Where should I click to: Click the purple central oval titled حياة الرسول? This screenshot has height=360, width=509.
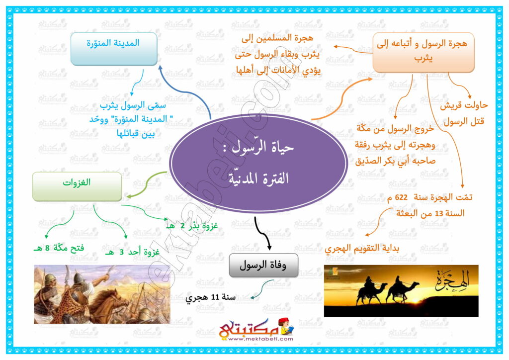(258, 164)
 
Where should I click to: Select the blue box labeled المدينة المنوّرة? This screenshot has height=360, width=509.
(114, 49)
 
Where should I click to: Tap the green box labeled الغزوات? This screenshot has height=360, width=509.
(77, 186)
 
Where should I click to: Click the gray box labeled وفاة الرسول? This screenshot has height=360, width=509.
(263, 266)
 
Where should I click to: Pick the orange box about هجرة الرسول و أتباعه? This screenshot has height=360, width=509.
(424, 52)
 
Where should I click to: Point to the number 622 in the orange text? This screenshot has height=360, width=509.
(401, 197)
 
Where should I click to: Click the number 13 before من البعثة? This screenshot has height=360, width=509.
(438, 214)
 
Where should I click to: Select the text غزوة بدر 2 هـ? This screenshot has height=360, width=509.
(192, 226)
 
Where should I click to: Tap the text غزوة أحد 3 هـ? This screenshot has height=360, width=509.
(133, 252)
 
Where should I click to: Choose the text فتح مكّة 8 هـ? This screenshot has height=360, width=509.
(59, 248)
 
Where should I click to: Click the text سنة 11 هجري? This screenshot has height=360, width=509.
(210, 297)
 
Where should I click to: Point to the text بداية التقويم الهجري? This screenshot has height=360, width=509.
(362, 248)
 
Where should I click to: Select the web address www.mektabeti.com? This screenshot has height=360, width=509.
(260, 339)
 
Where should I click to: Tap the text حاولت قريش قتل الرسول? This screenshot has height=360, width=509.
(464, 113)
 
